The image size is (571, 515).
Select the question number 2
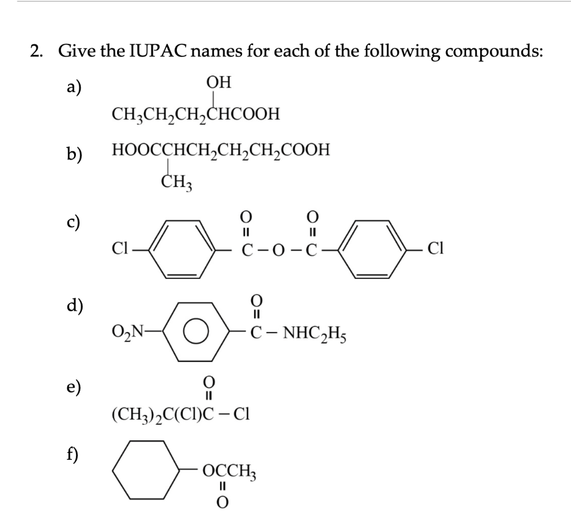coord(37,52)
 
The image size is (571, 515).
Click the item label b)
coord(74,153)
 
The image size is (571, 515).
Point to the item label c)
coord(73,221)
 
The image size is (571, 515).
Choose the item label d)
coord(74,306)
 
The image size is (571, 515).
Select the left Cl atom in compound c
coord(120,249)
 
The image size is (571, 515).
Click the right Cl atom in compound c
coord(435,249)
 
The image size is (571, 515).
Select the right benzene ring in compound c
coord(374,249)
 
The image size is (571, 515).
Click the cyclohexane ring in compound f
coord(147,469)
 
